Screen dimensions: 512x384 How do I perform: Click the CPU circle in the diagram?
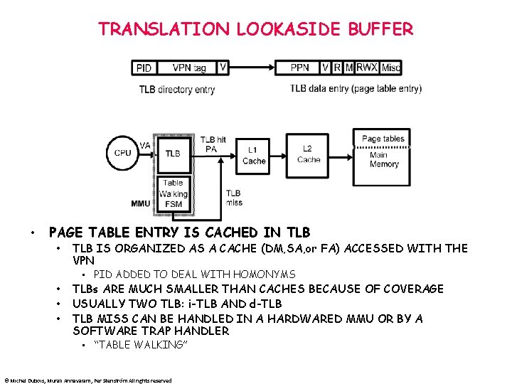click(122, 153)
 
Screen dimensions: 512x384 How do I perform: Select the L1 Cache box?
click(254, 156)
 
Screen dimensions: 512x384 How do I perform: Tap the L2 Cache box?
click(309, 154)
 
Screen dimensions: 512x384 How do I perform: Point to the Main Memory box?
click(383, 159)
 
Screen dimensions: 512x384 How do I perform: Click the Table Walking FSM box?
click(173, 193)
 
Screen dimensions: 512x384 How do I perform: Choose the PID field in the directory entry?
click(144, 68)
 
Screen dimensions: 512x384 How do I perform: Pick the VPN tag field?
click(189, 68)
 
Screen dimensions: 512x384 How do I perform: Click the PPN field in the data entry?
click(300, 68)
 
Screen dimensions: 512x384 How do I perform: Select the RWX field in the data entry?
click(367, 68)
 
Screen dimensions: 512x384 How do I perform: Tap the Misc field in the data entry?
click(391, 68)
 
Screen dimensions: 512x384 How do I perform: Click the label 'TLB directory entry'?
click(177, 90)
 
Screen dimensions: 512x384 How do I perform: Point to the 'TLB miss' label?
click(233, 198)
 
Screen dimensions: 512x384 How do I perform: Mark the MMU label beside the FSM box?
click(141, 203)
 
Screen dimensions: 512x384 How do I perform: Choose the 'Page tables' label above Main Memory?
click(383, 139)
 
